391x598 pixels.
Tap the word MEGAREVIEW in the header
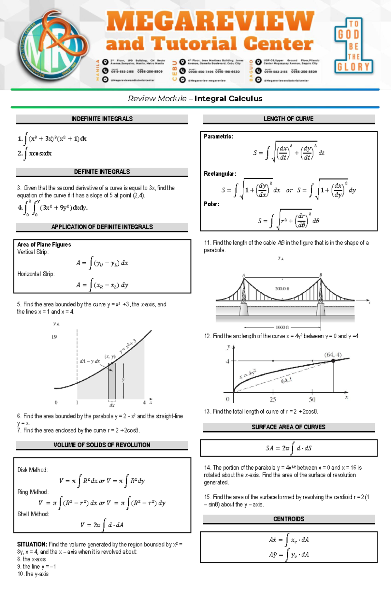coord(210,22)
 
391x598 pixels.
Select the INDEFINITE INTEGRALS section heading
coord(102,119)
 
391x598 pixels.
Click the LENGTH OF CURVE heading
coord(288,119)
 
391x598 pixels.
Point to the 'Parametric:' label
coord(218,137)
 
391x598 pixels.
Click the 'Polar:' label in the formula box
coord(211,204)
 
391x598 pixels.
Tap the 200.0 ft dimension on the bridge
coord(282,289)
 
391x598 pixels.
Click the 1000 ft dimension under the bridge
coord(282,327)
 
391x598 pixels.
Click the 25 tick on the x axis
coord(273,400)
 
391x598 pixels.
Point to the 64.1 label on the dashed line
coord(286,380)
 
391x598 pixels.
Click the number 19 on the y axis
coord(54,337)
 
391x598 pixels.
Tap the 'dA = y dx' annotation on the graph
coord(90,361)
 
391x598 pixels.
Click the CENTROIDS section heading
coord(288,519)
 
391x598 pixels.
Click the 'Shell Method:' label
coord(33,514)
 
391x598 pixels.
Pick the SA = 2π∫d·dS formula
coord(288,448)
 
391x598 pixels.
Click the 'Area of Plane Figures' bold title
coord(44,244)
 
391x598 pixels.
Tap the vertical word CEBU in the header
coord(174,70)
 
